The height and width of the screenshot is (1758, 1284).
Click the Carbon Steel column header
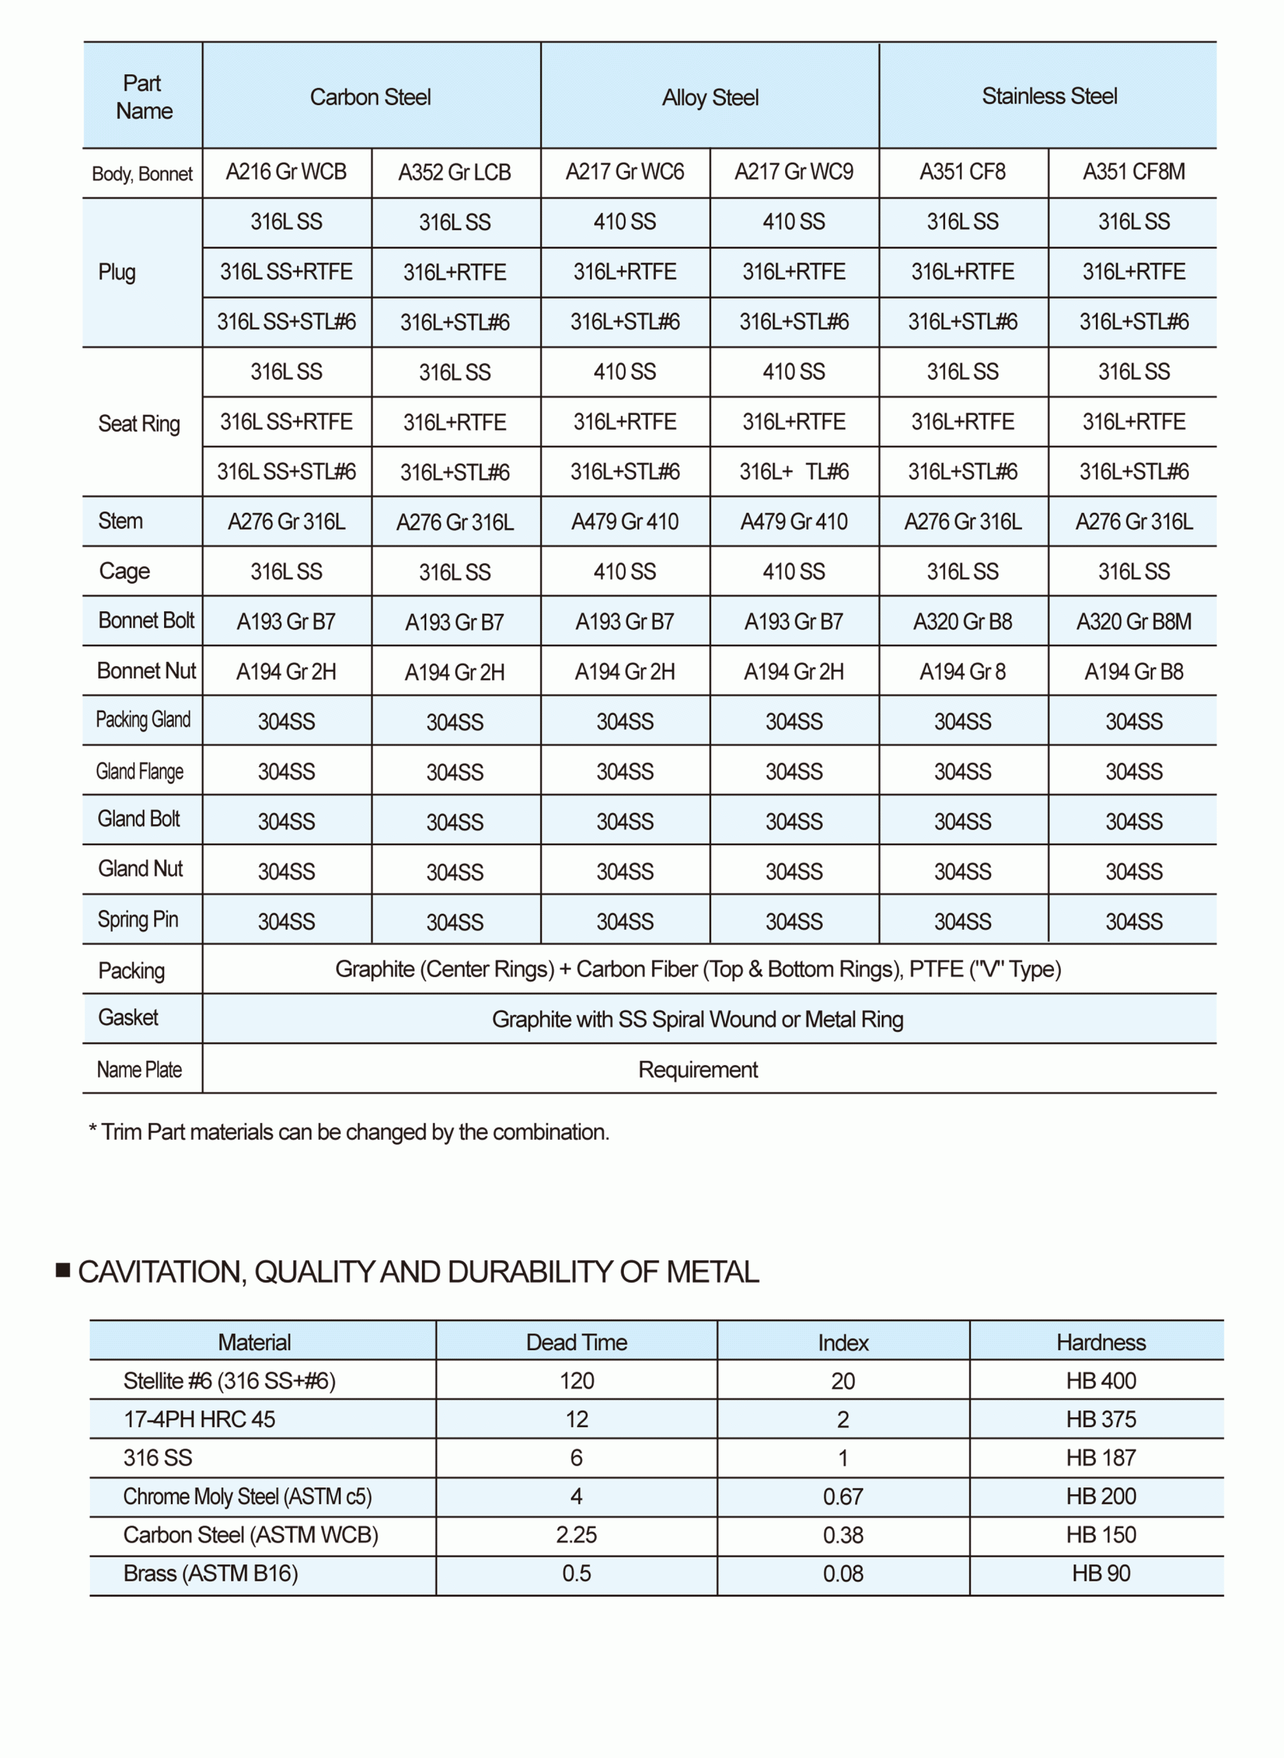click(x=370, y=98)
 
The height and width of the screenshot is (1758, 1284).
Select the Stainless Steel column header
click(x=1049, y=96)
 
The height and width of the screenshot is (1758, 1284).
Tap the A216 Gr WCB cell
click(x=286, y=172)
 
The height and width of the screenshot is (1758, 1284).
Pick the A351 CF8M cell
click(x=1133, y=172)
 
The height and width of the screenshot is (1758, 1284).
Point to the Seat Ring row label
click(x=139, y=424)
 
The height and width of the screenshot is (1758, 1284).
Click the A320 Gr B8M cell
click(x=1133, y=621)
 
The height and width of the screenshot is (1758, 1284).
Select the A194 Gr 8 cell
click(x=962, y=671)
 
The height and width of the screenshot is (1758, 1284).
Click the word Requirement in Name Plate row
click(x=697, y=1069)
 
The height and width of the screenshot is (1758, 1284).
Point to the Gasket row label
click(x=128, y=1017)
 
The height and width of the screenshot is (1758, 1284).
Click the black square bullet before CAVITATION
click(x=64, y=1270)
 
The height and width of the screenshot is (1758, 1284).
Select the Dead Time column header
click(x=576, y=1342)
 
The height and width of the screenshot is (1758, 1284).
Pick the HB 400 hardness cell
click(x=1101, y=1381)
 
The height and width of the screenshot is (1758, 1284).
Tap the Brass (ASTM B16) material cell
click(x=211, y=1574)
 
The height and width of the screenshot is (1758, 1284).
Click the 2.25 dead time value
click(x=576, y=1535)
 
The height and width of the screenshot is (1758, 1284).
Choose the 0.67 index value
click(x=843, y=1497)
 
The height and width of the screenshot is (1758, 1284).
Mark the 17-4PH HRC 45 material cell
click(x=199, y=1419)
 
